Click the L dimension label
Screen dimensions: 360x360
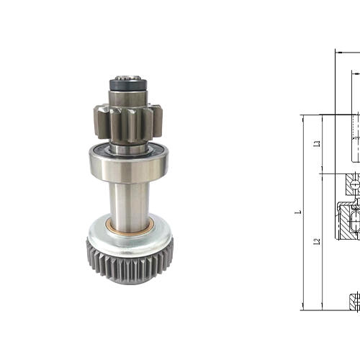click(x=296, y=212)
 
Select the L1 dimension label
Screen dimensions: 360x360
click(x=317, y=143)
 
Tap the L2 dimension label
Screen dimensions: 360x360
click(x=317, y=242)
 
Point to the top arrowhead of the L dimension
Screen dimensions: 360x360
click(x=303, y=117)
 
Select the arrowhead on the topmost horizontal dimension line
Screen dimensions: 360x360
click(x=338, y=52)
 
